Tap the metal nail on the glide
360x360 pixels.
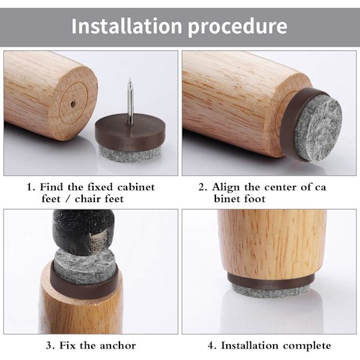pos(130,101)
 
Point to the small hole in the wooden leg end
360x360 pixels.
pos(73,103)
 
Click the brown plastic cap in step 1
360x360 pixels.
pos(130,131)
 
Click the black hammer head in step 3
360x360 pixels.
pos(83,232)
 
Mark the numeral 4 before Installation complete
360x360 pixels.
pos(211,346)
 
